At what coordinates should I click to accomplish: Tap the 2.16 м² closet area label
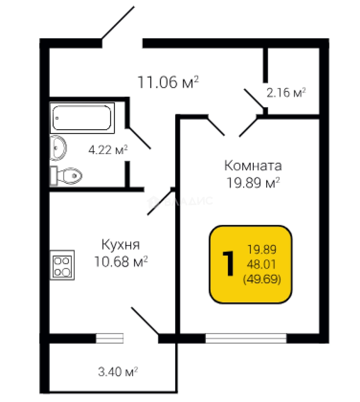286,92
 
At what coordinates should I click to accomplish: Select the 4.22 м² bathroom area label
108,150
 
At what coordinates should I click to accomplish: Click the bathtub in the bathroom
82,117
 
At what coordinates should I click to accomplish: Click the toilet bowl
69,175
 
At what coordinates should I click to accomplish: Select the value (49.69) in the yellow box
261,278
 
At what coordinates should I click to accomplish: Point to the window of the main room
246,338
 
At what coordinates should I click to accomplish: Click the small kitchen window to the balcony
109,338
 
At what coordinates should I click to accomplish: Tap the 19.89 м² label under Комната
254,183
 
